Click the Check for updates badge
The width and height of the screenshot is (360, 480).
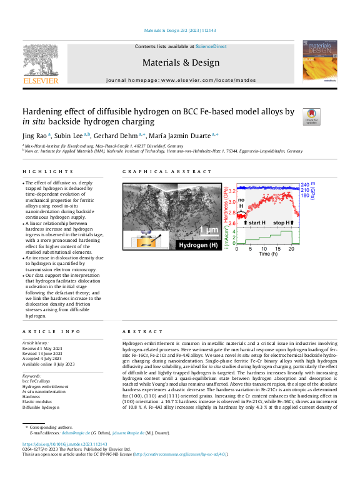[x=311, y=116]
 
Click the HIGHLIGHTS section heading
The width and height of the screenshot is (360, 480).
[x=40, y=171]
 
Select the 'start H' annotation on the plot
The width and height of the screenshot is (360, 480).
[x=254, y=223]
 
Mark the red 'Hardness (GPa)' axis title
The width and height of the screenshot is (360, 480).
[x=224, y=203]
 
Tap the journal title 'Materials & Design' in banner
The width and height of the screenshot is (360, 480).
[x=181, y=62]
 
